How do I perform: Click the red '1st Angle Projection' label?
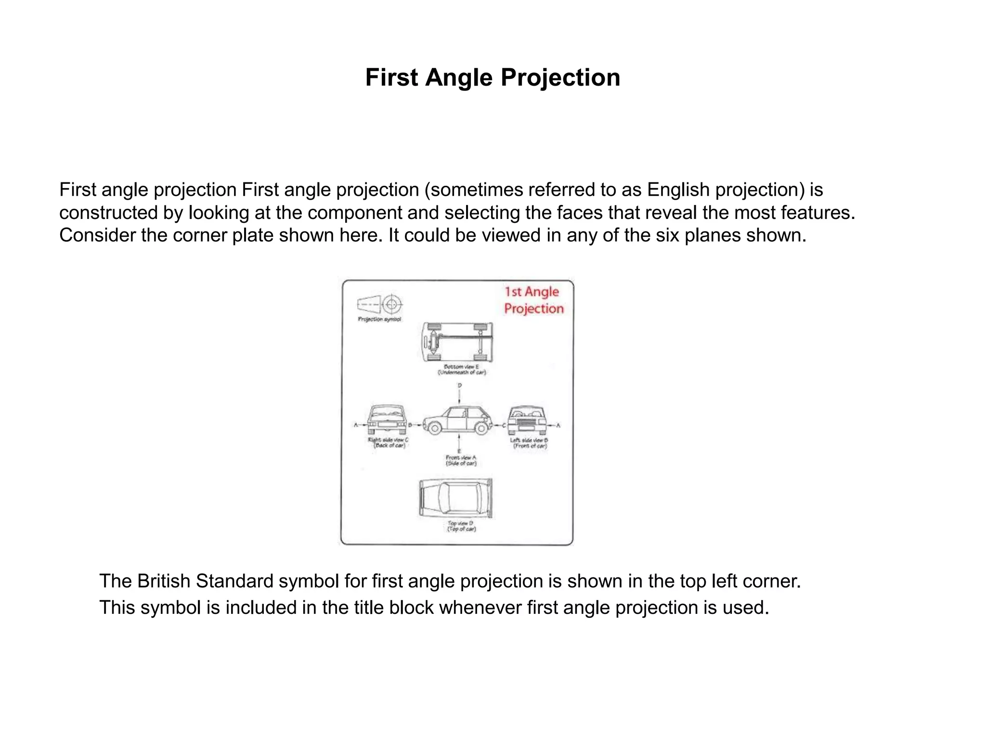[x=533, y=300]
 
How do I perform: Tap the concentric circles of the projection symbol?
[x=392, y=304]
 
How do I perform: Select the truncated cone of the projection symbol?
[x=369, y=304]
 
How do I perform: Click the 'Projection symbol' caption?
[x=379, y=319]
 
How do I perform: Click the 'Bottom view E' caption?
[x=461, y=369]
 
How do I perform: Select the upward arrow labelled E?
[x=459, y=442]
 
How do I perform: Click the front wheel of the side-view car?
[x=435, y=427]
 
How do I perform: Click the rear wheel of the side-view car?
[x=481, y=427]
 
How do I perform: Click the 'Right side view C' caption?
[x=388, y=443]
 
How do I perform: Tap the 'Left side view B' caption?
[x=529, y=443]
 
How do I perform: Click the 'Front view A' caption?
[x=461, y=460]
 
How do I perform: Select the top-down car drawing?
[x=456, y=498]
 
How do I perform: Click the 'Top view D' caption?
[x=461, y=526]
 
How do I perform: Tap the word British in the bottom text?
[x=164, y=581]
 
